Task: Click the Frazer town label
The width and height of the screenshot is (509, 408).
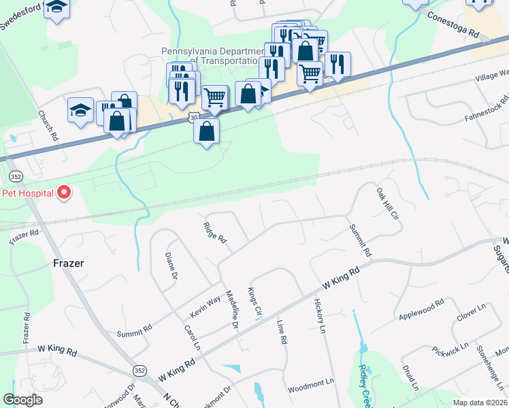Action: click(x=68, y=262)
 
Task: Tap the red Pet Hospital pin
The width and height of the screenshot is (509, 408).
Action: click(x=64, y=193)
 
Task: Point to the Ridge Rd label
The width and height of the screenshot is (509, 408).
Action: click(x=214, y=232)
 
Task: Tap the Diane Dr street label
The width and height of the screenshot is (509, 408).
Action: click(x=170, y=267)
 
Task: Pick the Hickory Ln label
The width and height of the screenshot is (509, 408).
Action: click(x=320, y=316)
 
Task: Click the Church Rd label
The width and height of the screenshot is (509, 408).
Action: click(x=50, y=126)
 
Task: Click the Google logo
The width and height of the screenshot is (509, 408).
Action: click(x=23, y=400)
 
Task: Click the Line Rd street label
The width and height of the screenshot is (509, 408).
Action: click(x=282, y=333)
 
